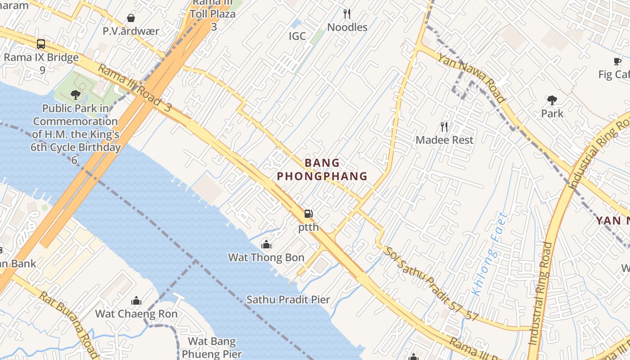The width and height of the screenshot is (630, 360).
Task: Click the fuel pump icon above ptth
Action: pos(308,214)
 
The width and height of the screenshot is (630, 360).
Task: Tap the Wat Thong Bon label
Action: pos(266,258)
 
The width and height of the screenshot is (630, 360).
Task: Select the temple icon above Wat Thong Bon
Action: pos(266,245)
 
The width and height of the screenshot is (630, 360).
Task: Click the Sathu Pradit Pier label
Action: pos(288,300)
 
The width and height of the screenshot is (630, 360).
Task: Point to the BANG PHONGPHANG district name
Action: pos(322,170)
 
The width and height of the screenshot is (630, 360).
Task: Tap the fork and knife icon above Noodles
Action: pos(347,14)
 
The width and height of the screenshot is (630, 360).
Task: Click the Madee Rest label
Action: pos(444,140)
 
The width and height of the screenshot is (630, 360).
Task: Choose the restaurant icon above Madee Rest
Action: pos(444,127)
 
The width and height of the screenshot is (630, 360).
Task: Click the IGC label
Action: pos(297,36)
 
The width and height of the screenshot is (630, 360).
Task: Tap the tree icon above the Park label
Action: pos(552,100)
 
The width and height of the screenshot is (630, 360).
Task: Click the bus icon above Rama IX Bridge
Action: pos(41,44)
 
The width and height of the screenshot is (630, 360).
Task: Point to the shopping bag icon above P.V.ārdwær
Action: pos(131,18)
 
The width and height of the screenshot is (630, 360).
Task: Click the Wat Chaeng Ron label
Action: pos(136,314)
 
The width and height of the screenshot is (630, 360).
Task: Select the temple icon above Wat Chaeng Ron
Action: pos(136,301)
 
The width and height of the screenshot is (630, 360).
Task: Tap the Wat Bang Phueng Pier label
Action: pos(211,348)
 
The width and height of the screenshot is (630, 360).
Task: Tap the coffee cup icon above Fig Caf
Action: pos(617,62)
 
